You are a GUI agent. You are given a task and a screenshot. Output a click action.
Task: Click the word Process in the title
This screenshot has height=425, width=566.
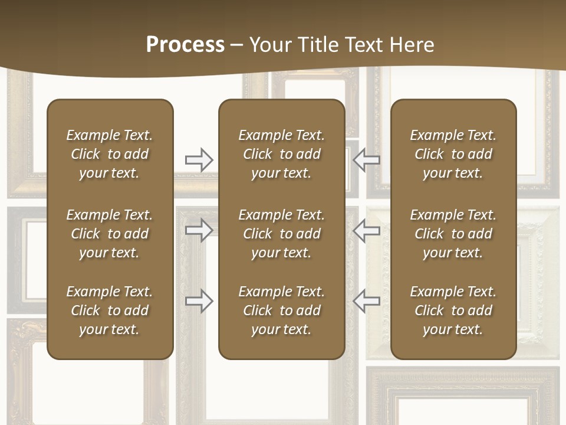pyautogui.click(x=185, y=45)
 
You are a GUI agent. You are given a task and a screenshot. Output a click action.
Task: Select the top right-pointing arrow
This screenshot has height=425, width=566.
pyautogui.click(x=199, y=160)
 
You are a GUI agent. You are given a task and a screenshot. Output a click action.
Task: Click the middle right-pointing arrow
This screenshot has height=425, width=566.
pyautogui.click(x=199, y=230)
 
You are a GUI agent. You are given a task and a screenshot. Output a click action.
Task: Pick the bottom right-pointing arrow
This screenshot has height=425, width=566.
pyautogui.click(x=199, y=301)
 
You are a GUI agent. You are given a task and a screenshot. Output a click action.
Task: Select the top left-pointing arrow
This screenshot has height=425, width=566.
pyautogui.click(x=366, y=160)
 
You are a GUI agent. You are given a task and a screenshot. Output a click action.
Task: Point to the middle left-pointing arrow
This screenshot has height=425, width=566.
pyautogui.click(x=366, y=230)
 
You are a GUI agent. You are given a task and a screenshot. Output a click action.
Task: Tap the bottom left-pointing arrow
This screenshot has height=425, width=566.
pyautogui.click(x=366, y=301)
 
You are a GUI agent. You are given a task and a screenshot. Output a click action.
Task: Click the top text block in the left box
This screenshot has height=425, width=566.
pyautogui.click(x=110, y=154)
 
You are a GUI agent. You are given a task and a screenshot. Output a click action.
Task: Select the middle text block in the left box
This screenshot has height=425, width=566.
pyautogui.click(x=110, y=234)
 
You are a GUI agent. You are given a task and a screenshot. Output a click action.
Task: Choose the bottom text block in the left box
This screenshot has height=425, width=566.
pyautogui.click(x=110, y=310)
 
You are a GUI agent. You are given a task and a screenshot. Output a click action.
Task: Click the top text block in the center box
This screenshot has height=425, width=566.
pyautogui.click(x=281, y=154)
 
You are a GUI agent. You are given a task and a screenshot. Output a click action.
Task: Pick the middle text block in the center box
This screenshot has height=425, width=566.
pyautogui.click(x=281, y=234)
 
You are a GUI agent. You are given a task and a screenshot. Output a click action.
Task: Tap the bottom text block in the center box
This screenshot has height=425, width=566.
pyautogui.click(x=281, y=310)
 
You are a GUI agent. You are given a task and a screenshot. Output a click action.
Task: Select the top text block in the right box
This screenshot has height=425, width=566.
pyautogui.click(x=453, y=154)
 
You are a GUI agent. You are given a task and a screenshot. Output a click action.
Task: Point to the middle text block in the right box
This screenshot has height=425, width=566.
pyautogui.click(x=453, y=234)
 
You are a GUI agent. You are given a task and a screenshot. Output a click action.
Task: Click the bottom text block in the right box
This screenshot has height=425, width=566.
pyautogui.click(x=453, y=310)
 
